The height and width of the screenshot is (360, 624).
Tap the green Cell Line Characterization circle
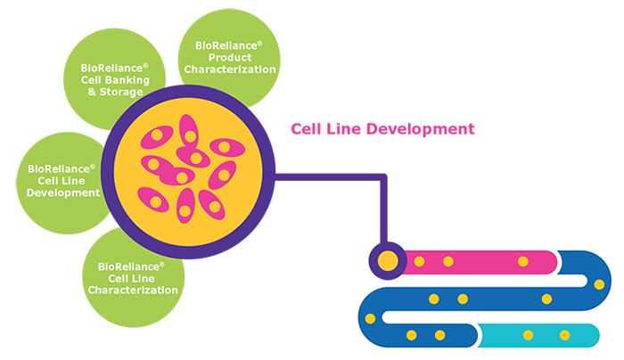pos(134,272)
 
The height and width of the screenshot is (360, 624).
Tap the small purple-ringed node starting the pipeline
pos(388,260)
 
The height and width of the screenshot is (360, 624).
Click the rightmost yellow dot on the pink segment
pos(523,261)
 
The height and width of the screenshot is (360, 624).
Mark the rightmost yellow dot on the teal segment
pos(564,335)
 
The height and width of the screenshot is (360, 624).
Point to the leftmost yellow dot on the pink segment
pos(419,261)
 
